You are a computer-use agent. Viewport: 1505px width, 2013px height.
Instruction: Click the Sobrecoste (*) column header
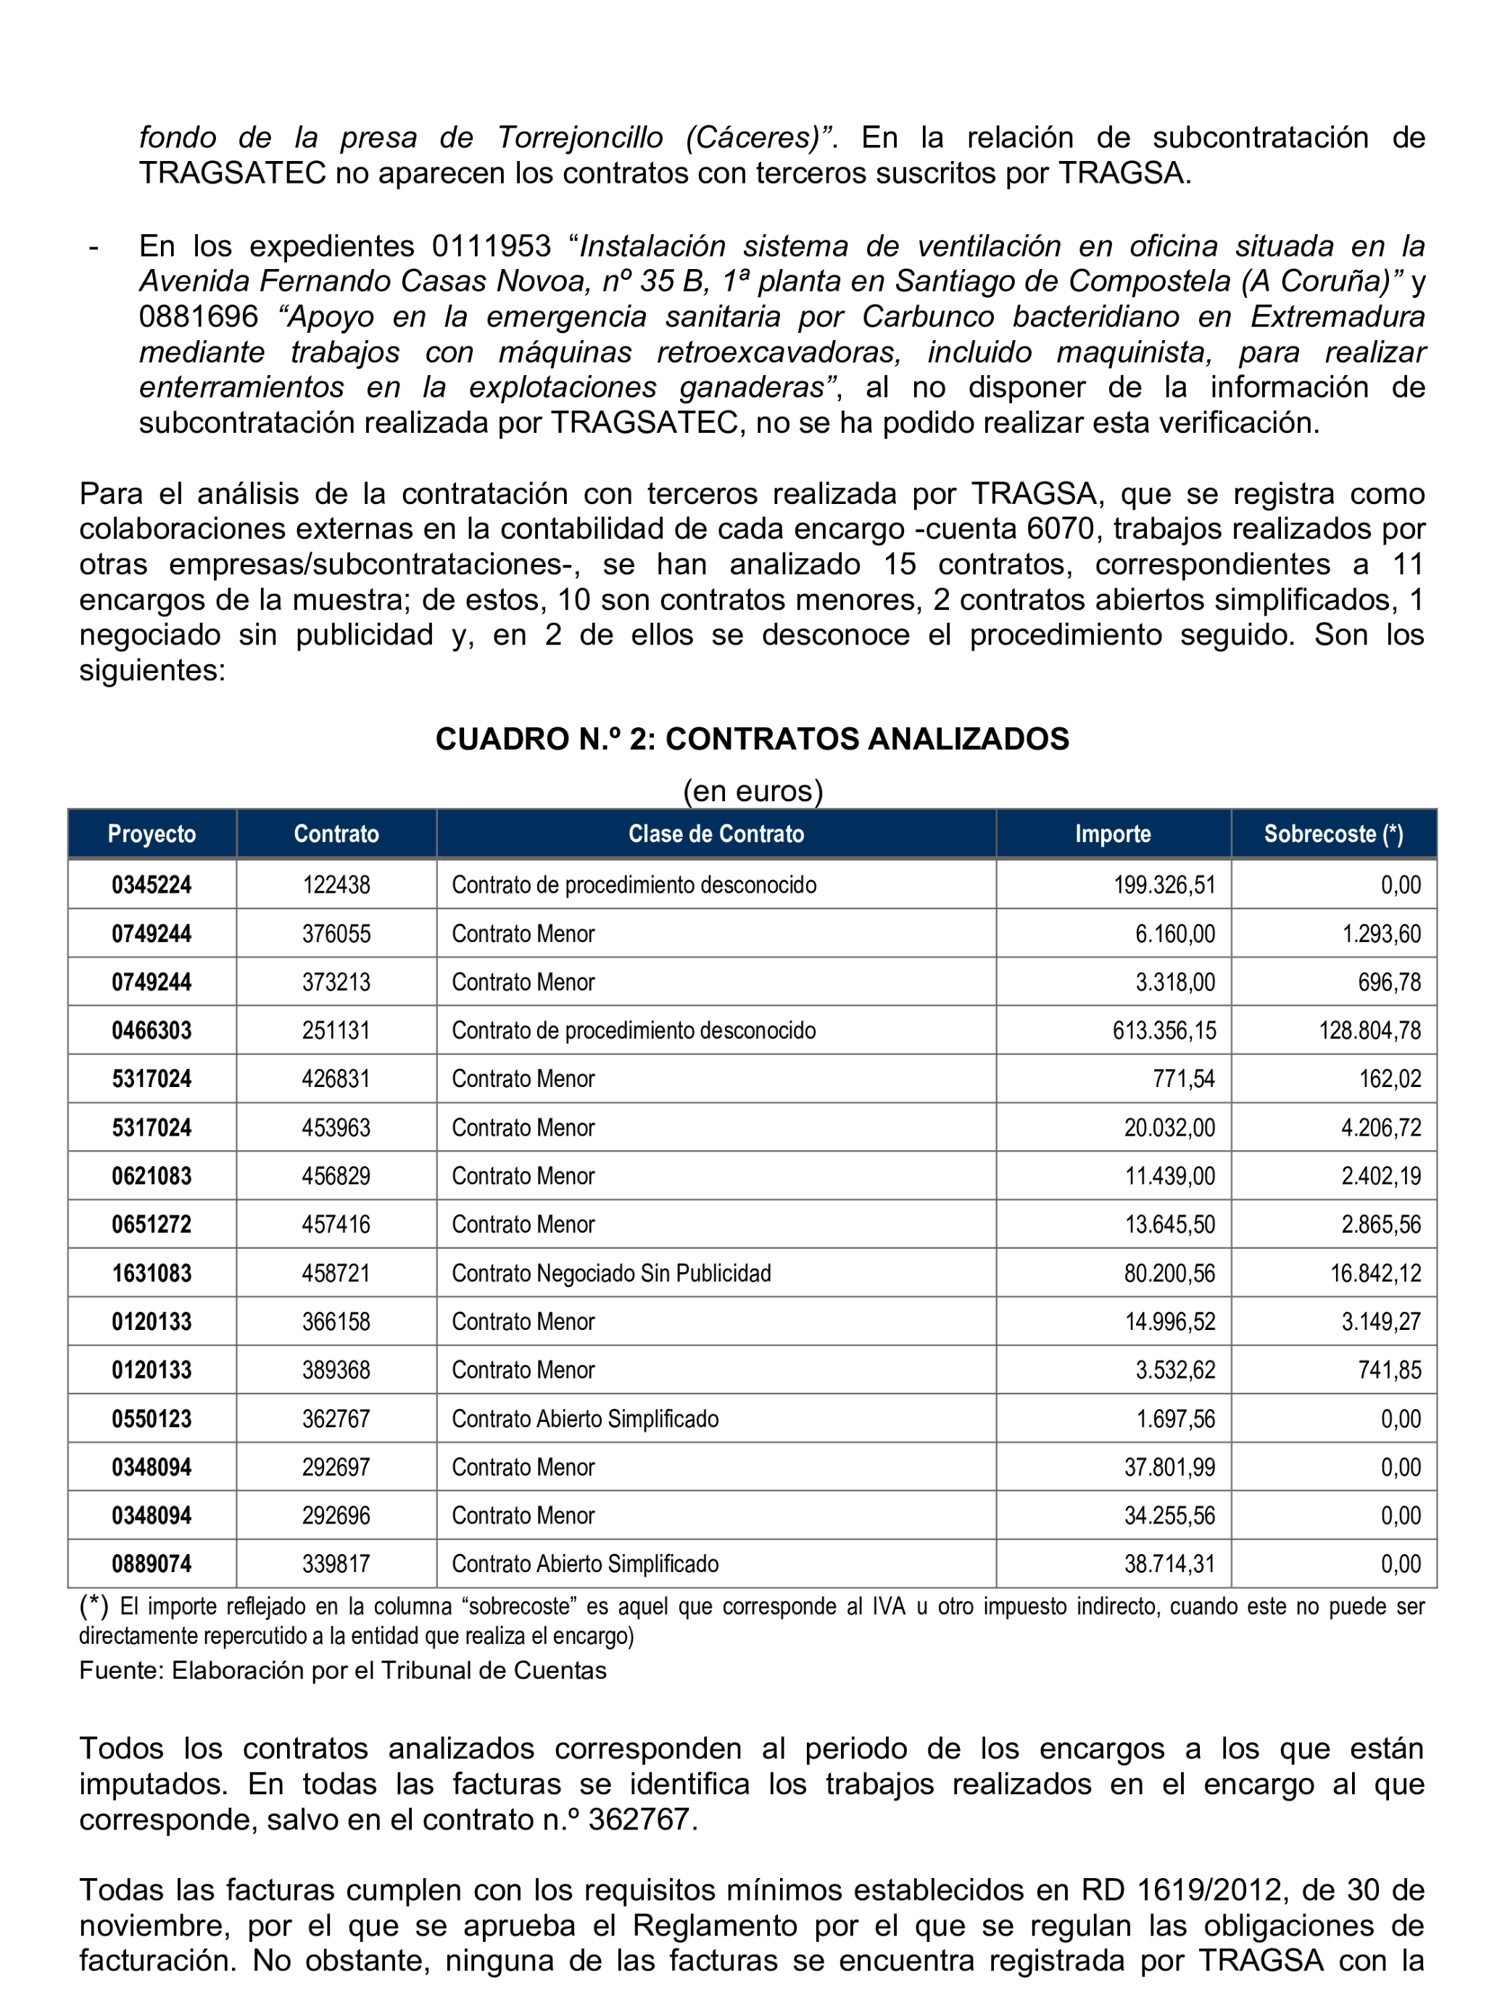tap(1332, 834)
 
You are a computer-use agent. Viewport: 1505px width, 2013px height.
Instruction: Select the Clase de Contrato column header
tap(716, 834)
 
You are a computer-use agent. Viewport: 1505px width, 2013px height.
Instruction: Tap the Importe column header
tap(1112, 834)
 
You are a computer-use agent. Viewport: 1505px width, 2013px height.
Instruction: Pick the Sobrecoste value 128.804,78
tap(1369, 1030)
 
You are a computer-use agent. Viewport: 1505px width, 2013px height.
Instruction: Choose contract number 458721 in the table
tap(336, 1273)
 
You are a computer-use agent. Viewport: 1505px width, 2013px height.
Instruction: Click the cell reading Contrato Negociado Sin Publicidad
tap(610, 1273)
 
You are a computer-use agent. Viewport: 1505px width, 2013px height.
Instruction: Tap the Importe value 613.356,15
tap(1164, 1030)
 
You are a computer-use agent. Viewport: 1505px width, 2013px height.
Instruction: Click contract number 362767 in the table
tap(336, 1419)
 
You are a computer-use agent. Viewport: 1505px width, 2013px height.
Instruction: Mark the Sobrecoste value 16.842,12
tap(1375, 1273)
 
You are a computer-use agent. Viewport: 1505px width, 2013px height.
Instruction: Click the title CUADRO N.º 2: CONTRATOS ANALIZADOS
tap(752, 739)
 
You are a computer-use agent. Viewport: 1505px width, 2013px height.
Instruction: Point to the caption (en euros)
tap(752, 790)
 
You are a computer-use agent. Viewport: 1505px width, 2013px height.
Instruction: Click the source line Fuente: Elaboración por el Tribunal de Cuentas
tap(342, 1671)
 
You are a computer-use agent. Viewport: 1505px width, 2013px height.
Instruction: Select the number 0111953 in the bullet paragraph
tap(492, 246)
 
